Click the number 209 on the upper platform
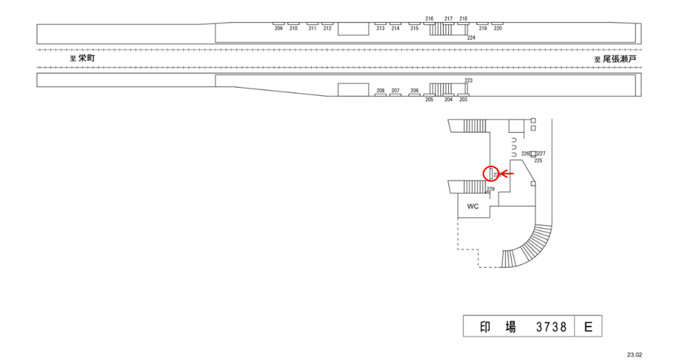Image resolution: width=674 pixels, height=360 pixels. pyautogui.click(x=279, y=29)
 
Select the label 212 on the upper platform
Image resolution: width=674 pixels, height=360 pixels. pyautogui.click(x=328, y=29)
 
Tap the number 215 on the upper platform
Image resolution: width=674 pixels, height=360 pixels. pyautogui.click(x=414, y=29)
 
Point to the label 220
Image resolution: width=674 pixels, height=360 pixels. pyautogui.click(x=498, y=29)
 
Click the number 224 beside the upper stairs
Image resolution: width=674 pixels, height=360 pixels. pyautogui.click(x=472, y=37)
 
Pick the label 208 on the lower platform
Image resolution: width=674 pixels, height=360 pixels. pyautogui.click(x=381, y=91)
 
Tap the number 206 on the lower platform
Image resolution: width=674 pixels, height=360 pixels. pyautogui.click(x=414, y=91)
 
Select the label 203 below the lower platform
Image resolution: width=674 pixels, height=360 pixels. pyautogui.click(x=463, y=100)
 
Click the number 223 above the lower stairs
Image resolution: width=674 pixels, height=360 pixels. pyautogui.click(x=469, y=80)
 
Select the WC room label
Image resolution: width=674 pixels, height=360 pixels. pyautogui.click(x=473, y=206)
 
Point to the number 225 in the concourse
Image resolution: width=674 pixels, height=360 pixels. pyautogui.click(x=538, y=160)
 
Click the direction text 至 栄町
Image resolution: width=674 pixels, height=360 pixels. pyautogui.click(x=82, y=58)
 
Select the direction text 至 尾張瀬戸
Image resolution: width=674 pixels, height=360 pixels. pyautogui.click(x=615, y=59)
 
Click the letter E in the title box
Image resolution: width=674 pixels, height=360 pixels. pyautogui.click(x=587, y=327)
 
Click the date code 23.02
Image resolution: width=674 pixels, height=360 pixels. pyautogui.click(x=634, y=353)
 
